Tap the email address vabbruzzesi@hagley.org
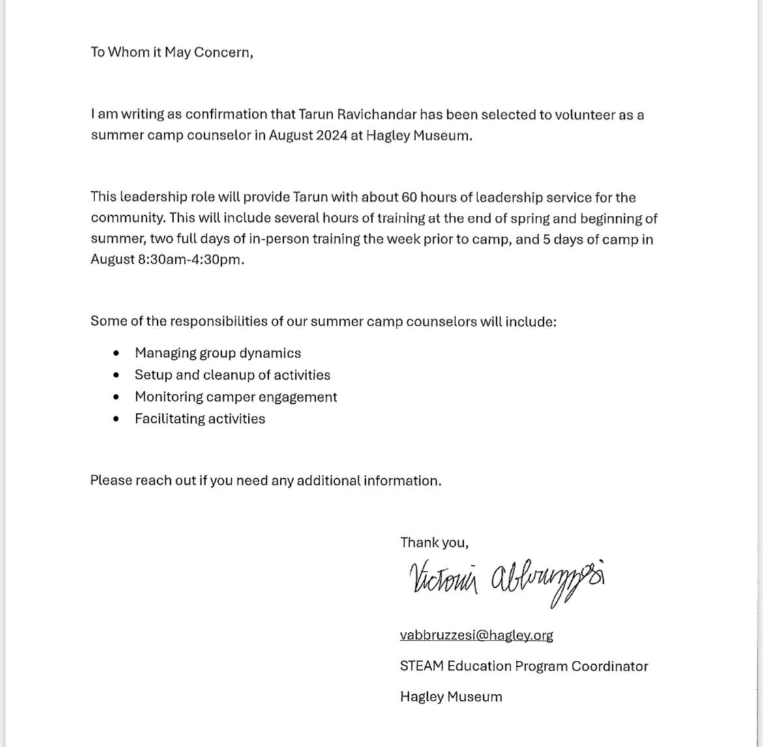click(476, 635)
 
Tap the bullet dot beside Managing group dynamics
click(116, 353)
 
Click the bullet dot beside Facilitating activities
click(116, 419)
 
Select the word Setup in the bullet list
click(153, 375)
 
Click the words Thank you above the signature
click(434, 542)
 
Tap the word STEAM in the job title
click(421, 666)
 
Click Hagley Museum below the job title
click(451, 697)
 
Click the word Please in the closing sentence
click(111, 481)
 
